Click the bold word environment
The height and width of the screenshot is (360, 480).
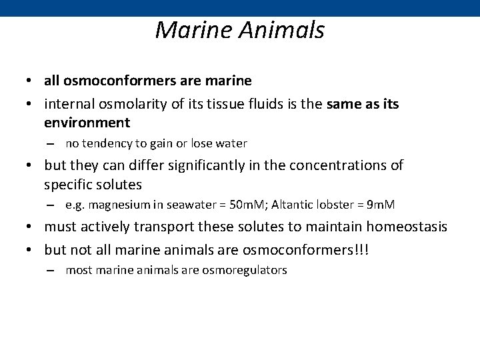pos(87,123)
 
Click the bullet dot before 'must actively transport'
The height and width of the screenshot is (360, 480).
pos(31,227)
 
